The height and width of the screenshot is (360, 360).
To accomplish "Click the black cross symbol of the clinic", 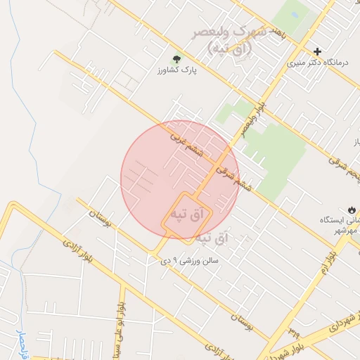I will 317,51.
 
